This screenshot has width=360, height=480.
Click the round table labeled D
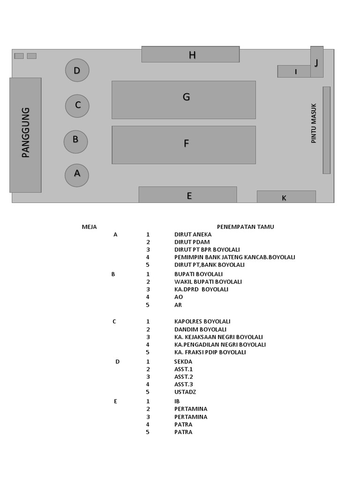click(x=77, y=71)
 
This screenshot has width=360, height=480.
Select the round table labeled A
click(x=77, y=175)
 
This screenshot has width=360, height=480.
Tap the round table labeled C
click(x=77, y=106)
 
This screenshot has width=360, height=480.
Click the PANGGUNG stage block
click(x=25, y=135)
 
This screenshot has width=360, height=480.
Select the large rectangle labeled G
click(x=184, y=99)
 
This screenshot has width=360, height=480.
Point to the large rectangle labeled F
click(x=184, y=145)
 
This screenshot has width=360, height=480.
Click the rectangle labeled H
click(x=190, y=54)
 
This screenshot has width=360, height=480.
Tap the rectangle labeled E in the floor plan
click(x=187, y=195)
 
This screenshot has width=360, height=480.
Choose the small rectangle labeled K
click(x=286, y=197)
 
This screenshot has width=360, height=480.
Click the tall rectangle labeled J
click(x=317, y=61)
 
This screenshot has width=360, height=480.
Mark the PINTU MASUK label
click(x=314, y=123)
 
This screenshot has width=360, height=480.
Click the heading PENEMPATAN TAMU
click(x=245, y=227)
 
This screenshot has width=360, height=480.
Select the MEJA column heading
click(x=89, y=227)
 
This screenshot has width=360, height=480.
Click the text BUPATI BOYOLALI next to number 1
click(x=198, y=274)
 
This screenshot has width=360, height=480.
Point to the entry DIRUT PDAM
click(x=192, y=242)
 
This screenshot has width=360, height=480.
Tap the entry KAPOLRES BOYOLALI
click(x=202, y=322)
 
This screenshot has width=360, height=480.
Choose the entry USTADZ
click(x=185, y=392)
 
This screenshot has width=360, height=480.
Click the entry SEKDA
click(x=183, y=361)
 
